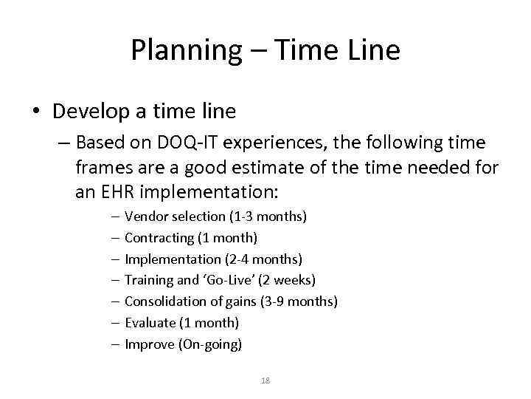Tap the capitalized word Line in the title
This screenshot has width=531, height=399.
pyautogui.click(x=372, y=50)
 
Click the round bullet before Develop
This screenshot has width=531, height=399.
pyautogui.click(x=37, y=112)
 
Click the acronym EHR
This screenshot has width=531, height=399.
pyautogui.click(x=117, y=192)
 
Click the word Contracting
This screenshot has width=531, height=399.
pyautogui.click(x=159, y=238)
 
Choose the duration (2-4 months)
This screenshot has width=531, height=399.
pyautogui.click(x=263, y=259)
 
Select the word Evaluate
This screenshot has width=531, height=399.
pyautogui.click(x=150, y=323)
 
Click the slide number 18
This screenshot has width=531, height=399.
pyautogui.click(x=265, y=381)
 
